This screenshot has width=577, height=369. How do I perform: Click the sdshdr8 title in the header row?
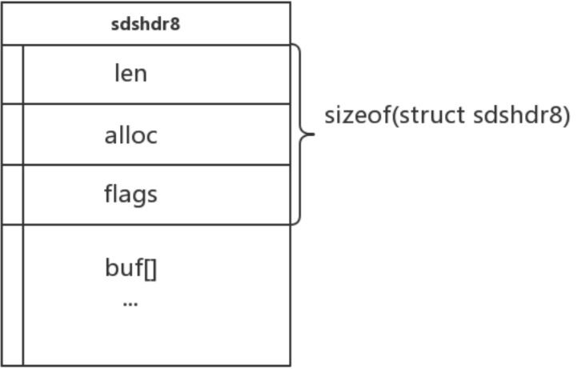pyautogui.click(x=146, y=24)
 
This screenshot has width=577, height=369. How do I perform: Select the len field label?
pyautogui.click(x=130, y=74)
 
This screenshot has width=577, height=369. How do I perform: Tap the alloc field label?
pyautogui.click(x=130, y=134)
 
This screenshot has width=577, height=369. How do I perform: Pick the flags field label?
pyautogui.click(x=130, y=195)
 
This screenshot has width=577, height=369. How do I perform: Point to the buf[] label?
pyautogui.click(x=130, y=267)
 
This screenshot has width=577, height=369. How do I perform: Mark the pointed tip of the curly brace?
pyautogui.click(x=313, y=134)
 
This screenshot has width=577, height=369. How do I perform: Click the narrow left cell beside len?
pyautogui.click(x=13, y=74)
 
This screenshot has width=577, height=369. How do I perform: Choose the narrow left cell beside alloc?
pyautogui.click(x=13, y=134)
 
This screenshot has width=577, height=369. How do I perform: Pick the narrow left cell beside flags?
pyautogui.click(x=13, y=195)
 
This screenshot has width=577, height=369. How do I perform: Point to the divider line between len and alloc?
pyautogui.click(x=156, y=103)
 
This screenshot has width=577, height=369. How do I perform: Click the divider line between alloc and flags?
pyautogui.click(x=156, y=165)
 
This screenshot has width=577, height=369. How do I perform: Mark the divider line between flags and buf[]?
pyautogui.click(x=156, y=225)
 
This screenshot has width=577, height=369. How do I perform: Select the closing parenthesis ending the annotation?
pyautogui.click(x=566, y=116)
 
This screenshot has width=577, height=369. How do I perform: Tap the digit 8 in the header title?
pyautogui.click(x=176, y=24)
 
